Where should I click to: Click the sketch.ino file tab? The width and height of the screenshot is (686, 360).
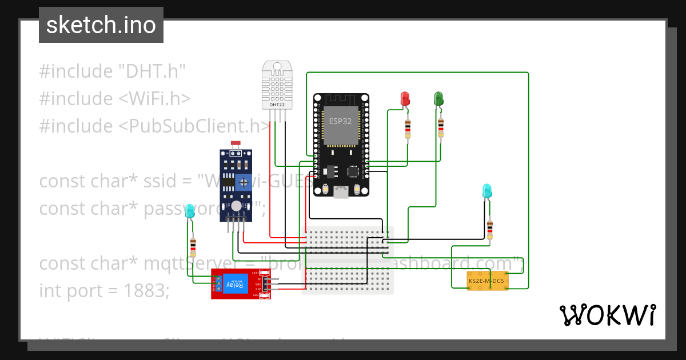(x=101, y=25)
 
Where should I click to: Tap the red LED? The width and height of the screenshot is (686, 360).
(x=405, y=98)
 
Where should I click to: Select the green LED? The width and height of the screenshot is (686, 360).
(x=438, y=98)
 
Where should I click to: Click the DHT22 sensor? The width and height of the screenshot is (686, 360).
(x=277, y=85)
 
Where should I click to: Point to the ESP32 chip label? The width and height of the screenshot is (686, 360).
(x=341, y=121)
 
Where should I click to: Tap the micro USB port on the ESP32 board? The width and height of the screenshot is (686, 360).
(x=341, y=193)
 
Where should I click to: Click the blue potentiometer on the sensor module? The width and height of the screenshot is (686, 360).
(x=244, y=182)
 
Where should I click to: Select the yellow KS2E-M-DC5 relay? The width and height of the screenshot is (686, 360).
(x=487, y=281)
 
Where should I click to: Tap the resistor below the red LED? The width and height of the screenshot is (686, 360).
(x=408, y=129)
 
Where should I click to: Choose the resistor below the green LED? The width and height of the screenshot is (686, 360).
(x=441, y=128)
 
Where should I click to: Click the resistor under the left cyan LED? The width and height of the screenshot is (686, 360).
(x=193, y=247)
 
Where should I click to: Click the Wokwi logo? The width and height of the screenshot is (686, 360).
(x=607, y=315)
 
